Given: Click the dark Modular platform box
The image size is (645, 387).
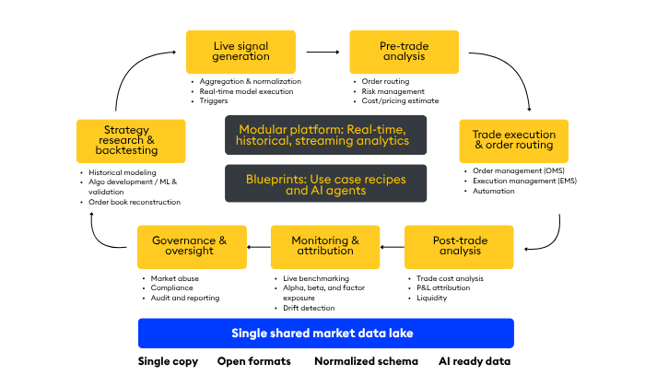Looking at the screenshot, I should coord(326,135).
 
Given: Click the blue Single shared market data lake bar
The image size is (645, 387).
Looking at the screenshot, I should coord(325,333).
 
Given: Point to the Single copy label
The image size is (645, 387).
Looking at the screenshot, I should coord(168,362).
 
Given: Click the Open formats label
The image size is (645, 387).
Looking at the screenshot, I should coord(254,362).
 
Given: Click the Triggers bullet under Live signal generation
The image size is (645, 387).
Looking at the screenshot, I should coord(215,100).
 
